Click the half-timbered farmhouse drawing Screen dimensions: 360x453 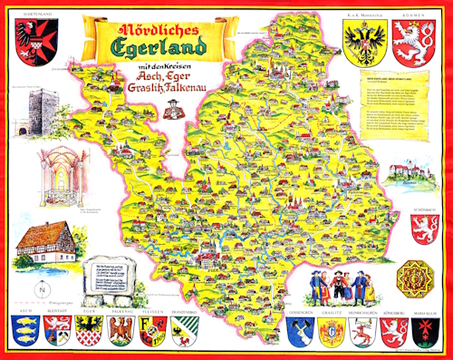click(43, 243)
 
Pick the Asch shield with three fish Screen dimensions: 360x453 click(25, 331)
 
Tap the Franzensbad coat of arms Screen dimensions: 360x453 click(181, 331)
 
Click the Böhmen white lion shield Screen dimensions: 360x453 click(418, 41)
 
